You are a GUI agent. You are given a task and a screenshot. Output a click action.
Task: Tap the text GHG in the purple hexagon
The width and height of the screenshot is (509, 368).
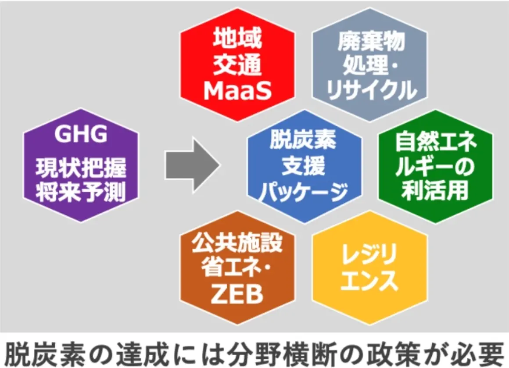pos(81,134)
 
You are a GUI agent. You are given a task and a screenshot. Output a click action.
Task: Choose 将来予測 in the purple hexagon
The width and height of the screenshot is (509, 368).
pos(81,192)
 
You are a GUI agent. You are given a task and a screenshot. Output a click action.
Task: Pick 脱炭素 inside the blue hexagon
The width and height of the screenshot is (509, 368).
pos(303,141)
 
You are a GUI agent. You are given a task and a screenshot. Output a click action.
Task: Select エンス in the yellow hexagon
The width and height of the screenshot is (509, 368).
pos(369,281)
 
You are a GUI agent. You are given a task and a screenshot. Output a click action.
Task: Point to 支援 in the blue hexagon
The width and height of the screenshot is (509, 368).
pos(303,166)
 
